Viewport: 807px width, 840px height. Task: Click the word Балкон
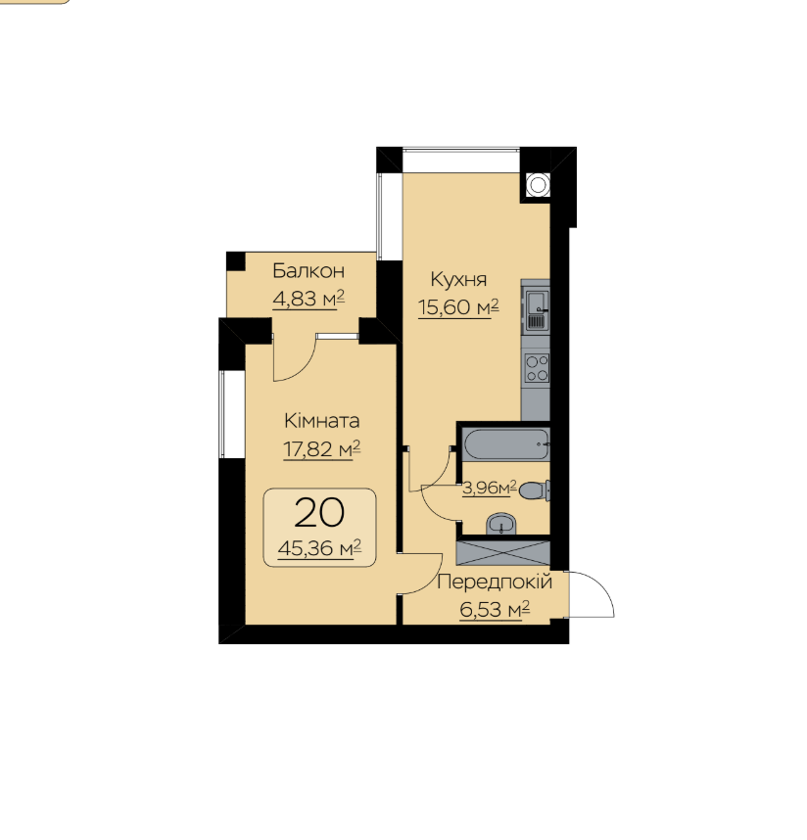tap(309, 271)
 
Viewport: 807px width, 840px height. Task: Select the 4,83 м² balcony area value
tap(309, 299)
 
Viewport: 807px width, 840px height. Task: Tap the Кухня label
tap(458, 280)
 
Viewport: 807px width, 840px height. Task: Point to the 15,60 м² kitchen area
tap(458, 307)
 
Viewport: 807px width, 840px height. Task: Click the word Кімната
tap(321, 421)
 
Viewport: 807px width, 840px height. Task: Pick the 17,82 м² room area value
tap(321, 449)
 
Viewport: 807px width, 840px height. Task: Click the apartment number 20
tap(319, 513)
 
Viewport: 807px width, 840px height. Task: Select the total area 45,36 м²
tap(319, 548)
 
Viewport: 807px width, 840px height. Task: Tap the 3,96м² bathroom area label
tap(490, 488)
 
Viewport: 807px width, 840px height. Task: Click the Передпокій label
tap(495, 582)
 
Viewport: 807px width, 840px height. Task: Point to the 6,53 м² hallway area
tap(495, 610)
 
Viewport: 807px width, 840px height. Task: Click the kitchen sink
tap(536, 309)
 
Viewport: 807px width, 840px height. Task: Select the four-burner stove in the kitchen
tap(537, 368)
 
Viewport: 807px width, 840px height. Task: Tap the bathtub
tap(506, 443)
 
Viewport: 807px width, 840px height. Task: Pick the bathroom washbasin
tap(501, 525)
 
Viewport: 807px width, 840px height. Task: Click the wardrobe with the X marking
tap(503, 553)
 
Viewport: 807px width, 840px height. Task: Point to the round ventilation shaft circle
tap(538, 185)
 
